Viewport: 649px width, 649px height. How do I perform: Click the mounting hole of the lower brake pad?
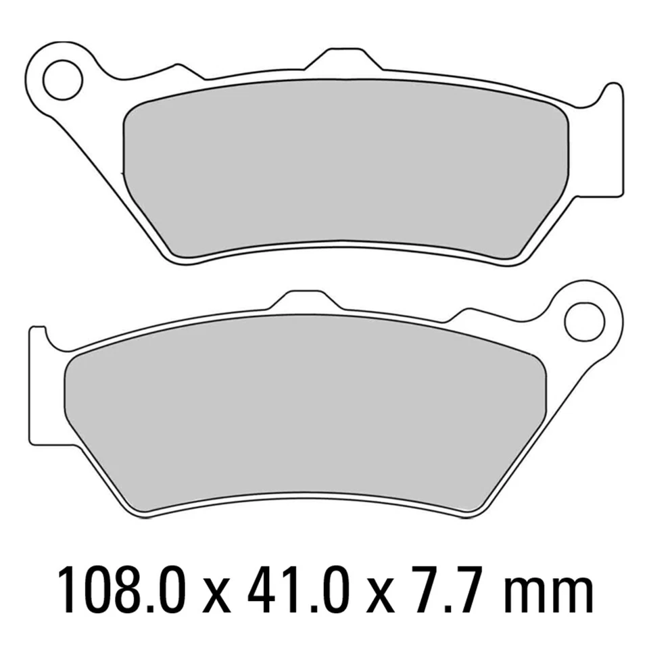(583, 318)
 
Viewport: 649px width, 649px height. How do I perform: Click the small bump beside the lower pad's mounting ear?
(471, 312)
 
